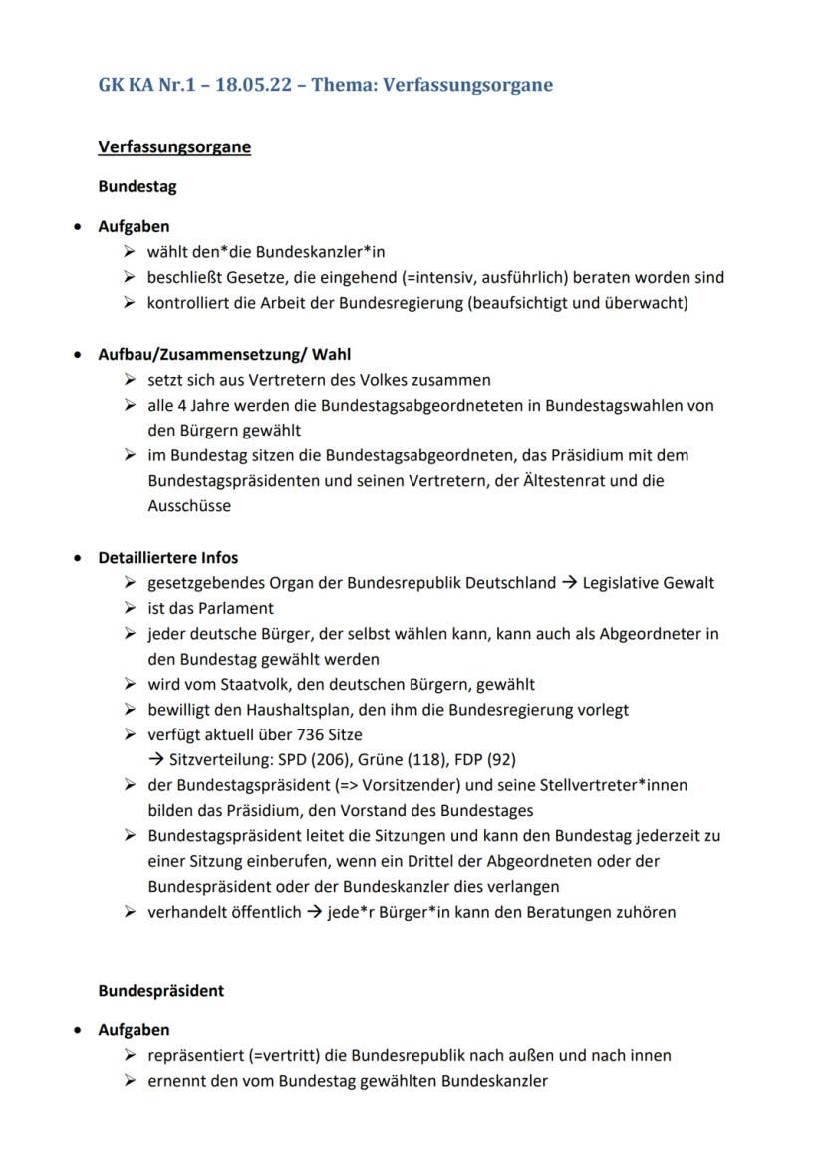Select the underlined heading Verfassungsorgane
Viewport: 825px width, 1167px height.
click(x=174, y=147)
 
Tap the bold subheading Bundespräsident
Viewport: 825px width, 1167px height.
click(x=160, y=991)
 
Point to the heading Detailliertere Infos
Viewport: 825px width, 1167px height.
click(x=167, y=557)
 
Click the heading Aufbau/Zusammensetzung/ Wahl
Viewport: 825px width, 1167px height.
click(x=224, y=354)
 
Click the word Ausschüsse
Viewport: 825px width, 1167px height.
click(x=189, y=505)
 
